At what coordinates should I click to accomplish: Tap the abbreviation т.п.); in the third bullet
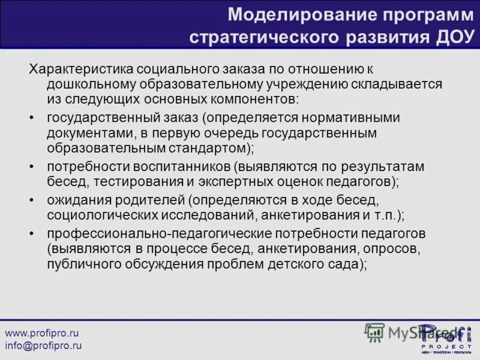(387, 213)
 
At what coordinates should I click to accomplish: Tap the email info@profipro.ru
(43, 346)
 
